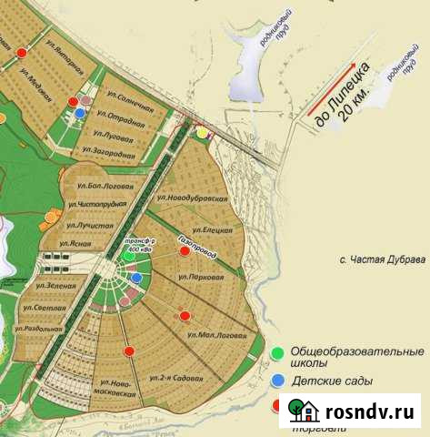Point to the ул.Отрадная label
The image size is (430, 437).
click(117, 120)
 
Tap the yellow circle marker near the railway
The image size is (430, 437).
click(202, 132)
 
